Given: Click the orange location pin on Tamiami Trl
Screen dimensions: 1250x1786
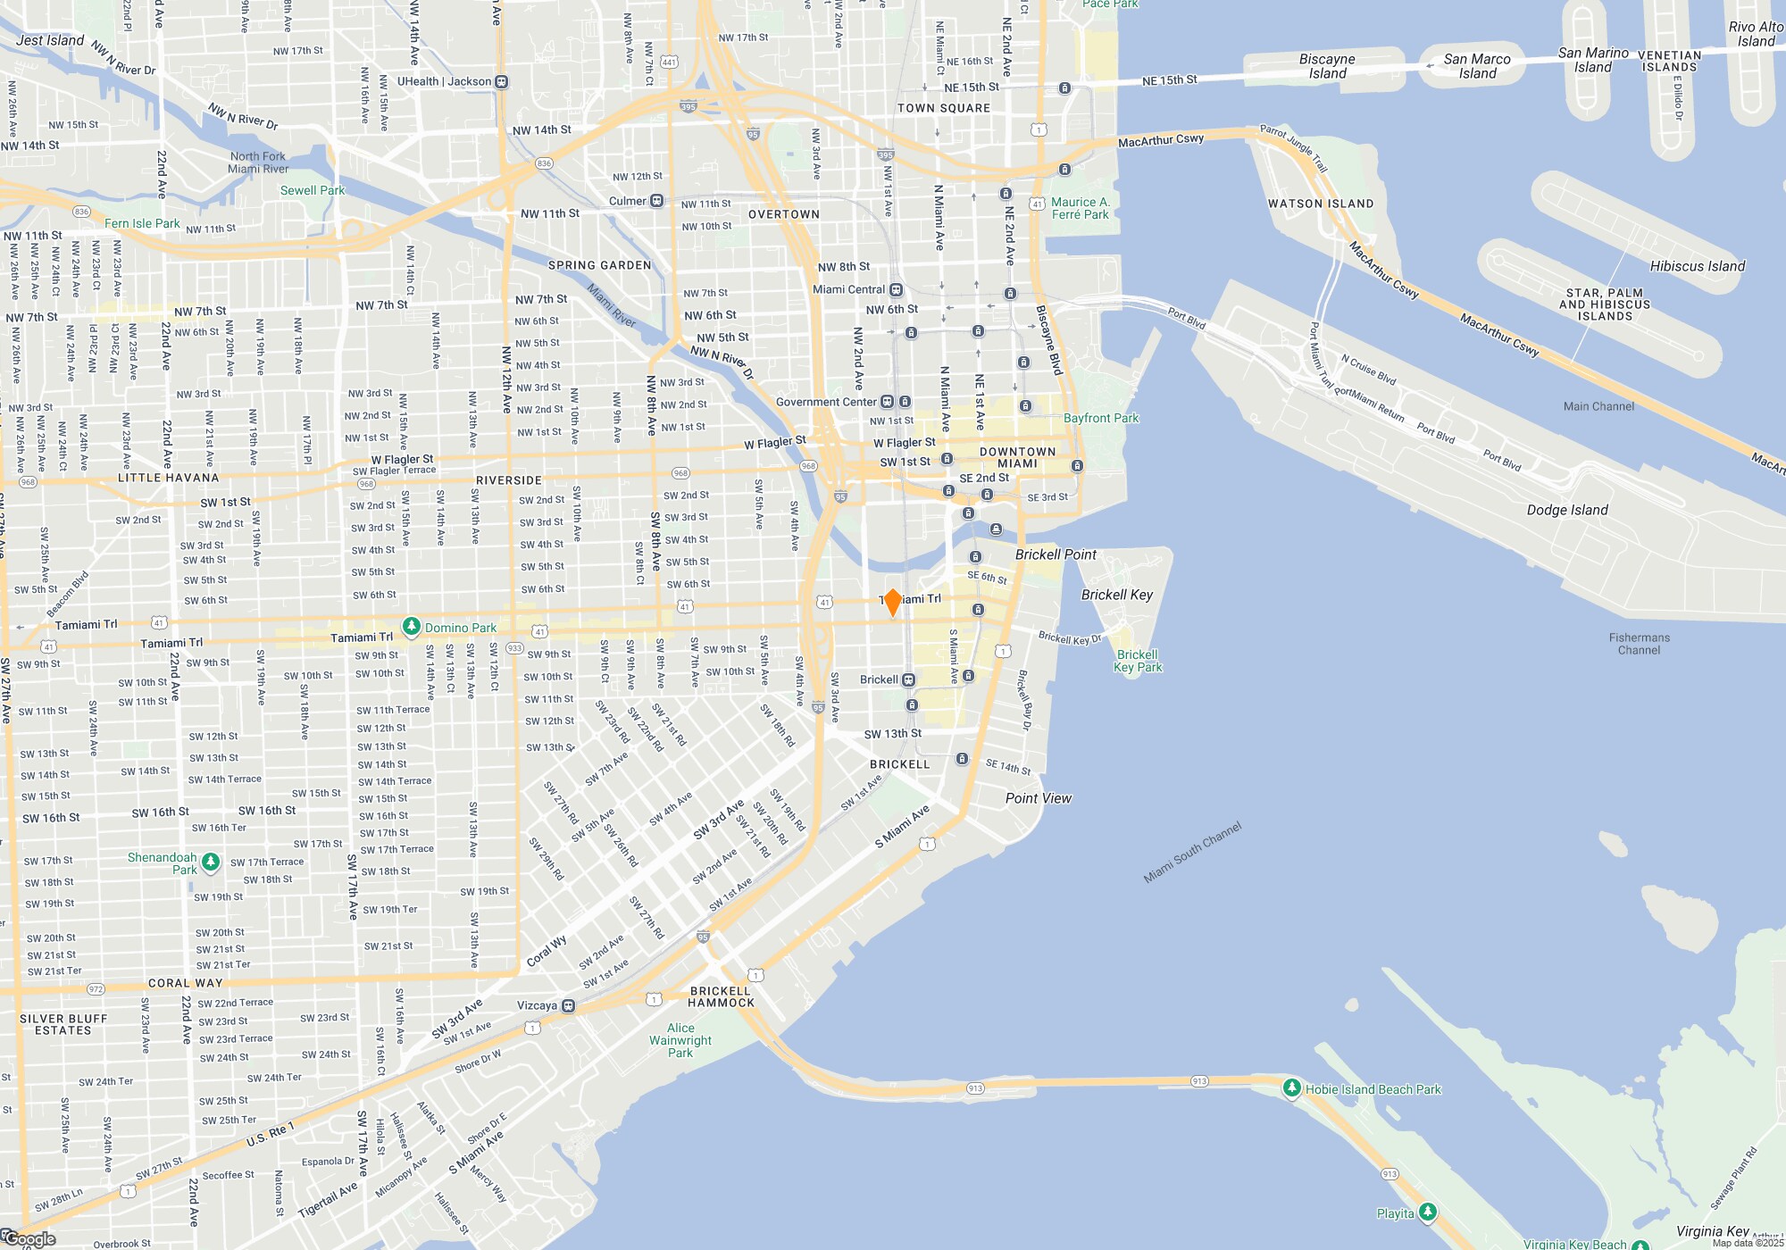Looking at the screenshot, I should pyautogui.click(x=892, y=602).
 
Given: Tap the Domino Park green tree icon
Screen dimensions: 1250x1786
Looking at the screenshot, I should pyautogui.click(x=411, y=627).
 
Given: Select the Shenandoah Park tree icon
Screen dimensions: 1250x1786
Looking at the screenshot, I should pyautogui.click(x=211, y=862).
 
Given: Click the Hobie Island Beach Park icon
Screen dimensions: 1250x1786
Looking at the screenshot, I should pyautogui.click(x=1291, y=1087).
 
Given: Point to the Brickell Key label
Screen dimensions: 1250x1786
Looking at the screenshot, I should pyautogui.click(x=1116, y=595).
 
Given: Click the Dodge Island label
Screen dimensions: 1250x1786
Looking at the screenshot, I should pyautogui.click(x=1566, y=510).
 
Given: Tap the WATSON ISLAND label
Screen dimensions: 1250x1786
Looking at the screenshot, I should pyautogui.click(x=1320, y=204).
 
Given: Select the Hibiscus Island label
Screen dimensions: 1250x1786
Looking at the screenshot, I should pyautogui.click(x=1697, y=266).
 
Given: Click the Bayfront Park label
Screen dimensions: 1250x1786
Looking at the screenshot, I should pyautogui.click(x=1100, y=418).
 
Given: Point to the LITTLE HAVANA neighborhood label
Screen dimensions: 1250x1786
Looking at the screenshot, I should pyautogui.click(x=168, y=478).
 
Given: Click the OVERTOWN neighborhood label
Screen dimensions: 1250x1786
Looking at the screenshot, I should pyautogui.click(x=783, y=214).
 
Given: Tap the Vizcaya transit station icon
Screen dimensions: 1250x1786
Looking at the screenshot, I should pyautogui.click(x=568, y=1006).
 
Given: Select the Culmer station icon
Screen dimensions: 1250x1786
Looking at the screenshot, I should pyautogui.click(x=656, y=201).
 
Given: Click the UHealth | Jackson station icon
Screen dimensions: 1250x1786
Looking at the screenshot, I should pyautogui.click(x=502, y=82).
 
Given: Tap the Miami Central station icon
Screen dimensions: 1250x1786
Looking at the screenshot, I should pyautogui.click(x=896, y=290).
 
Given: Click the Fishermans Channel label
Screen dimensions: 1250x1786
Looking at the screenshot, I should pyautogui.click(x=1639, y=644).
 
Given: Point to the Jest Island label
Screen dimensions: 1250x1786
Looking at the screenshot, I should pyautogui.click(x=50, y=40).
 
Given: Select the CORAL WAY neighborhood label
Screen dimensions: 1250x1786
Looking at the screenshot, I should pyautogui.click(x=185, y=983).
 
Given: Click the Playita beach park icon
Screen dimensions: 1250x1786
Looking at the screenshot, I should pyautogui.click(x=1427, y=1212).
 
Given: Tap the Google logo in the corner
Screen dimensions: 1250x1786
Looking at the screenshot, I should pyautogui.click(x=29, y=1239).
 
